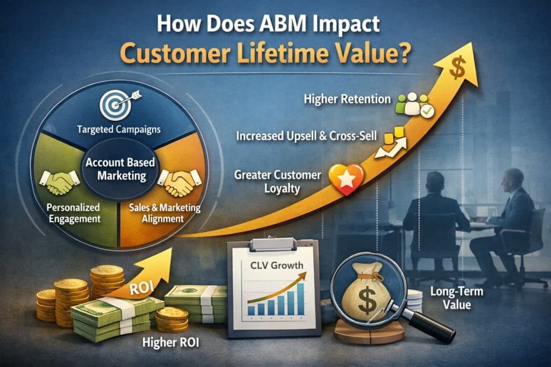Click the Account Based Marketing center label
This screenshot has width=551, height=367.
(x=121, y=169)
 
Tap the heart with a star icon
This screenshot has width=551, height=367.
(x=346, y=179)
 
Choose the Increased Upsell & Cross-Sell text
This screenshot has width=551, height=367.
(x=306, y=136)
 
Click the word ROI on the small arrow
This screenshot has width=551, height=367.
(x=142, y=288)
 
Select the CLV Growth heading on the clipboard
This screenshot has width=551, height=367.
(x=277, y=265)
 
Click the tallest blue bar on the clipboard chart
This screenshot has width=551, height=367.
(x=300, y=299)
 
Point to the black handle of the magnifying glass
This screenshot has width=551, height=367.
(x=429, y=324)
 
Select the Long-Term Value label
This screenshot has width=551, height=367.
(x=456, y=298)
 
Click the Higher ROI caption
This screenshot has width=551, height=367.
(x=171, y=342)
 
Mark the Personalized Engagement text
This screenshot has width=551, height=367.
(x=73, y=213)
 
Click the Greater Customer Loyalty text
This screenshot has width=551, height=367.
(x=278, y=182)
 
